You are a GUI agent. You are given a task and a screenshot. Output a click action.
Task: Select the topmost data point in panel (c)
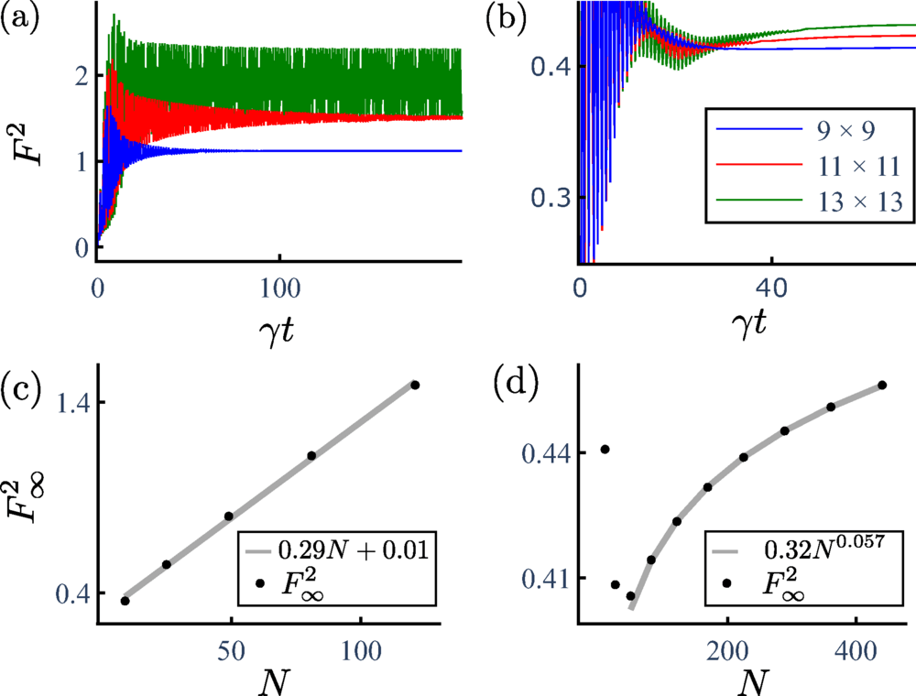(415, 386)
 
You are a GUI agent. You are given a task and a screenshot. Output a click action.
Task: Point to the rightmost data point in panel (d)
(882, 385)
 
